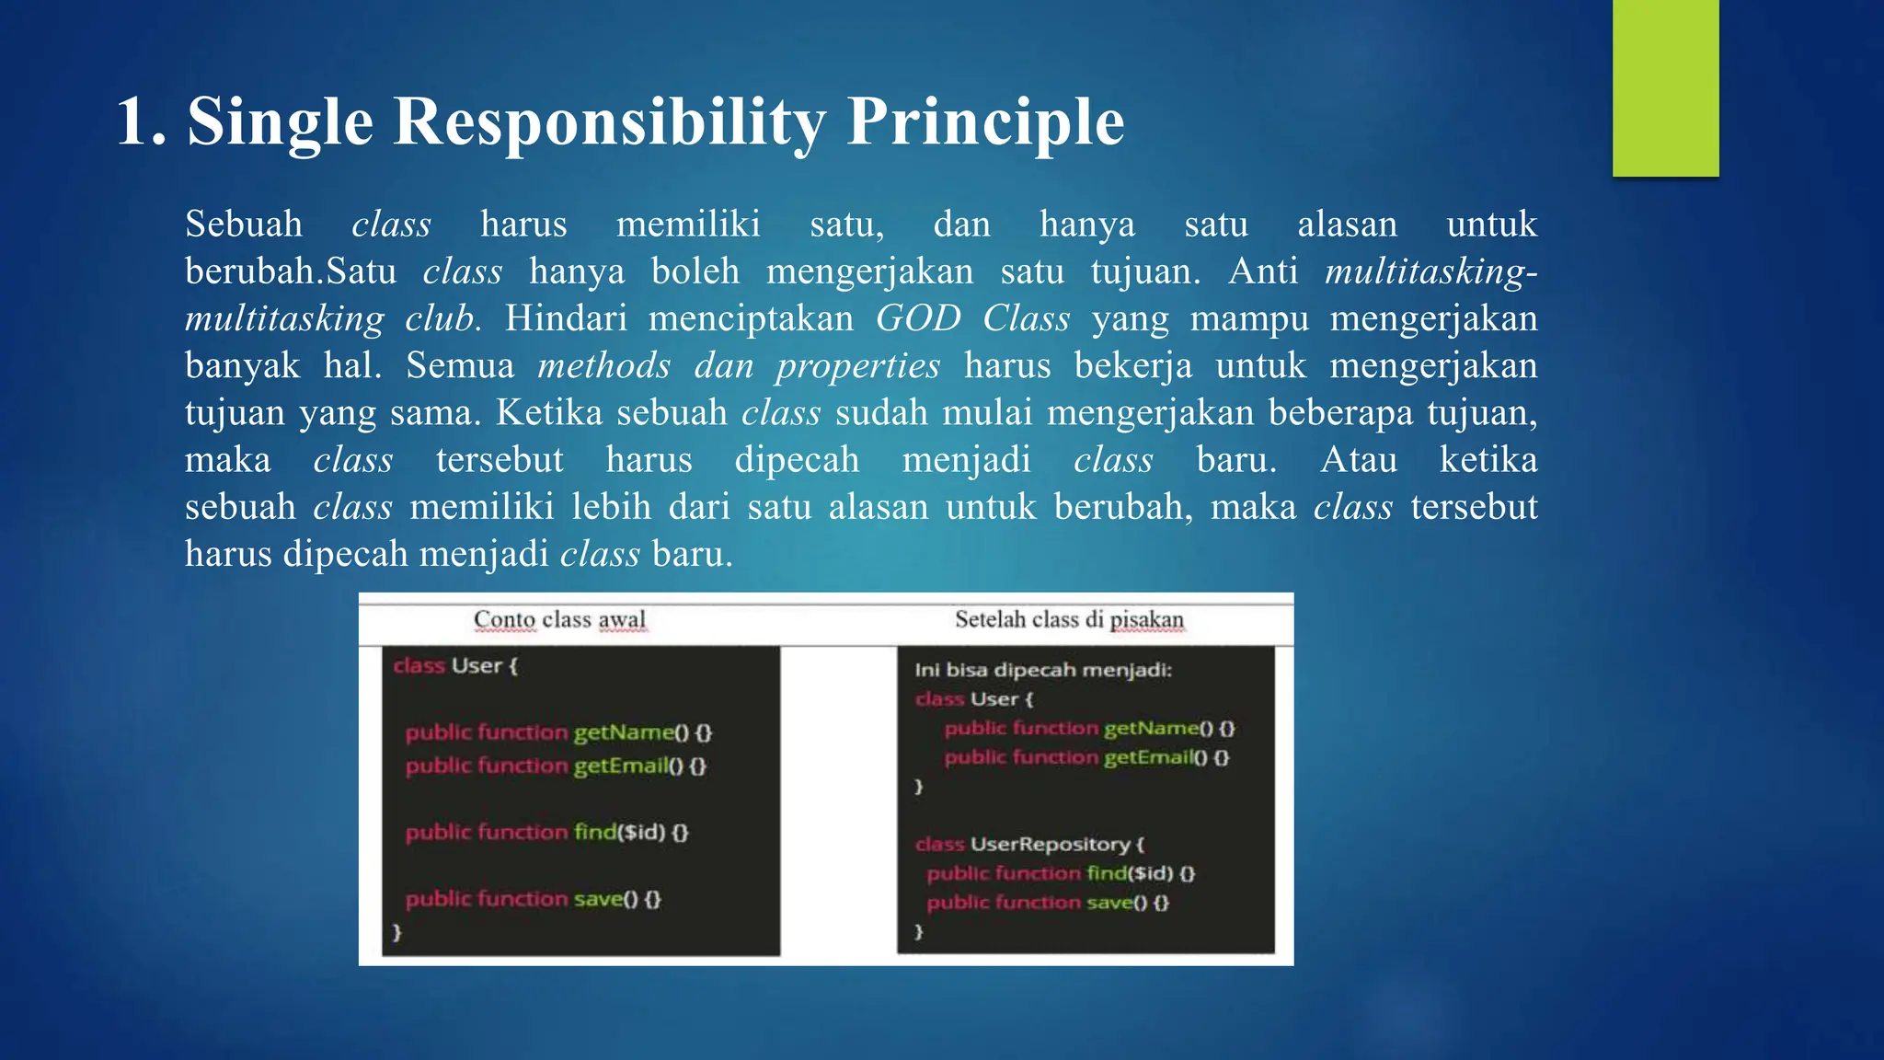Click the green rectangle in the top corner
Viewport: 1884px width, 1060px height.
click(1665, 87)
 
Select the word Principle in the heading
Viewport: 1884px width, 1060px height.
click(985, 121)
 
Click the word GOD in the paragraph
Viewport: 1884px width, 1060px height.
click(917, 318)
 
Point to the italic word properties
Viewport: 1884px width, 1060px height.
click(857, 366)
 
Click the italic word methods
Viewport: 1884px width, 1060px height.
click(603, 366)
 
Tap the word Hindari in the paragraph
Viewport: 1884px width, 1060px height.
click(565, 318)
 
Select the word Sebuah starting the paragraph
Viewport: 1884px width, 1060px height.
click(244, 225)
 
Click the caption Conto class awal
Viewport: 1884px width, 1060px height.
click(559, 619)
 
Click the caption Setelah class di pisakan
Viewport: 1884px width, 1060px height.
click(1069, 619)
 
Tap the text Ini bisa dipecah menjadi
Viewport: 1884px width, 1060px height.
click(1042, 670)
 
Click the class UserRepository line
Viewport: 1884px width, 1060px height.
click(1029, 844)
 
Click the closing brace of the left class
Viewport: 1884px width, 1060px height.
click(397, 931)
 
